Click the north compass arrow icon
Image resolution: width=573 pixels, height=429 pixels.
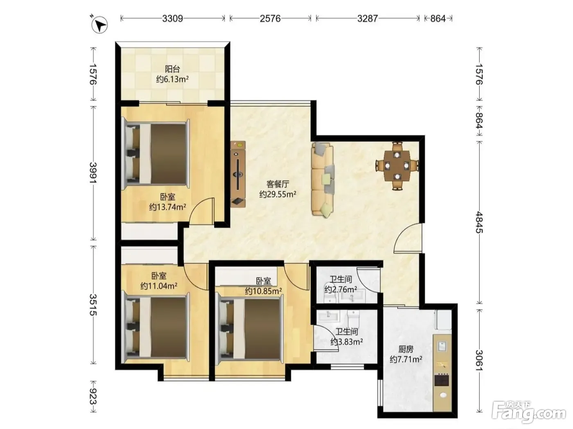(99, 25)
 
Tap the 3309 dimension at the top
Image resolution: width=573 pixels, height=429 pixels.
(173, 18)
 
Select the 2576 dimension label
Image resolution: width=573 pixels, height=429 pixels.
(270, 18)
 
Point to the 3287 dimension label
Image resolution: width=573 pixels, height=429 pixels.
(368, 18)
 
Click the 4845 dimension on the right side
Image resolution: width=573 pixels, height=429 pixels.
(479, 222)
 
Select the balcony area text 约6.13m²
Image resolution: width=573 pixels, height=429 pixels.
(173, 79)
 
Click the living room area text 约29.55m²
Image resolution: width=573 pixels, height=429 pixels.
(278, 194)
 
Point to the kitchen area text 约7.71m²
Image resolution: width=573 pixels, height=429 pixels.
(406, 359)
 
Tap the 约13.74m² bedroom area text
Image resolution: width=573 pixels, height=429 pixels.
(167, 207)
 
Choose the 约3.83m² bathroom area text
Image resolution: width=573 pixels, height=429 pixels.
(347, 342)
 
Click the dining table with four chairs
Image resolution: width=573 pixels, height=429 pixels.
(397, 165)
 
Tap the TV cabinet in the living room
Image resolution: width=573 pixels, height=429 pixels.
(238, 174)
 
